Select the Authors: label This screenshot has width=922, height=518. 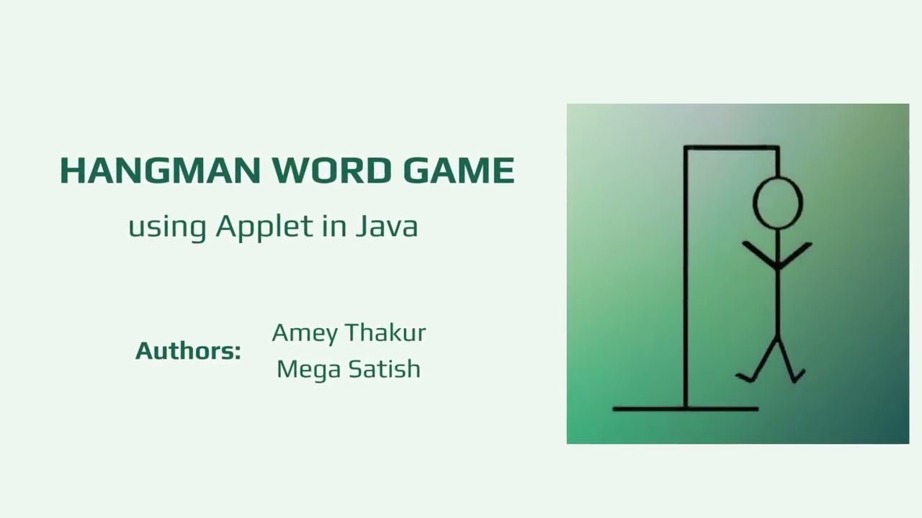(x=188, y=351)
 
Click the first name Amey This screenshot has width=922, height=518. (x=305, y=334)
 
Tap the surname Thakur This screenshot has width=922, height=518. (x=385, y=332)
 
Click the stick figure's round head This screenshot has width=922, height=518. (x=777, y=203)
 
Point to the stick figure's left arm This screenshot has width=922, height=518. (x=758, y=254)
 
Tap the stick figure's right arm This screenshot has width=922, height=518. (x=796, y=254)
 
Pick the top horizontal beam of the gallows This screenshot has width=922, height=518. (x=731, y=147)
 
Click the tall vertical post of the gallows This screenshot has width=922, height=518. (x=685, y=288)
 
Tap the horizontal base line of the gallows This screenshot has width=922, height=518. (x=685, y=409)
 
